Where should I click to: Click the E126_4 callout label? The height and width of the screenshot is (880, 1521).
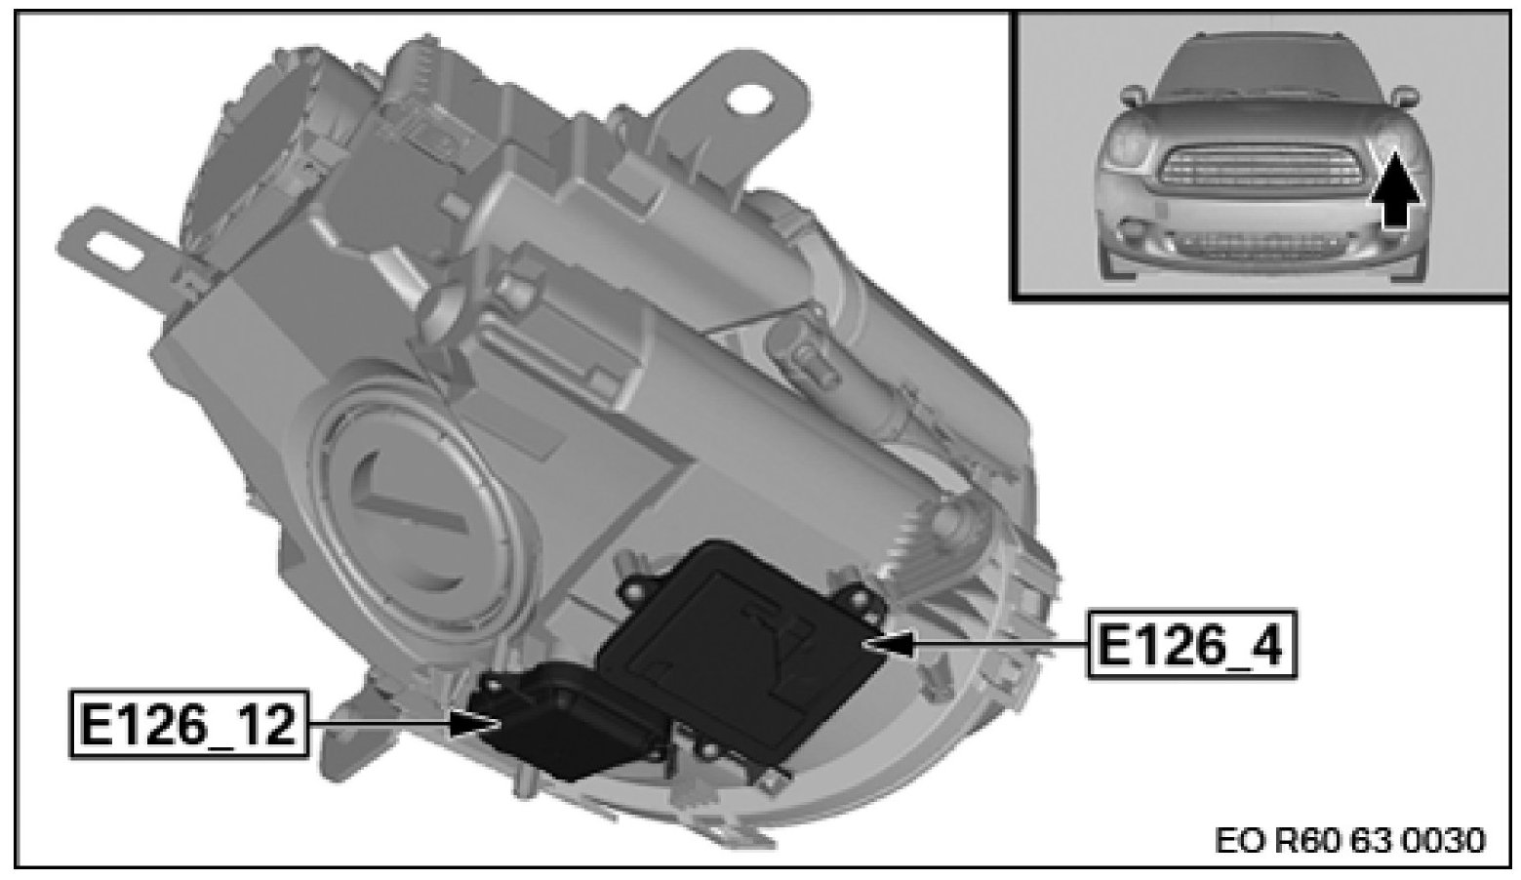click(x=1191, y=644)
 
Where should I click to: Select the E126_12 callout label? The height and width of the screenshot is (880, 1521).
click(x=188, y=724)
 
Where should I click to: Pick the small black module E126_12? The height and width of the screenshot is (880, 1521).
click(x=567, y=721)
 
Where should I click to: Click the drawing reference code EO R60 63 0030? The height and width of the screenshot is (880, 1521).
click(x=1349, y=841)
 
